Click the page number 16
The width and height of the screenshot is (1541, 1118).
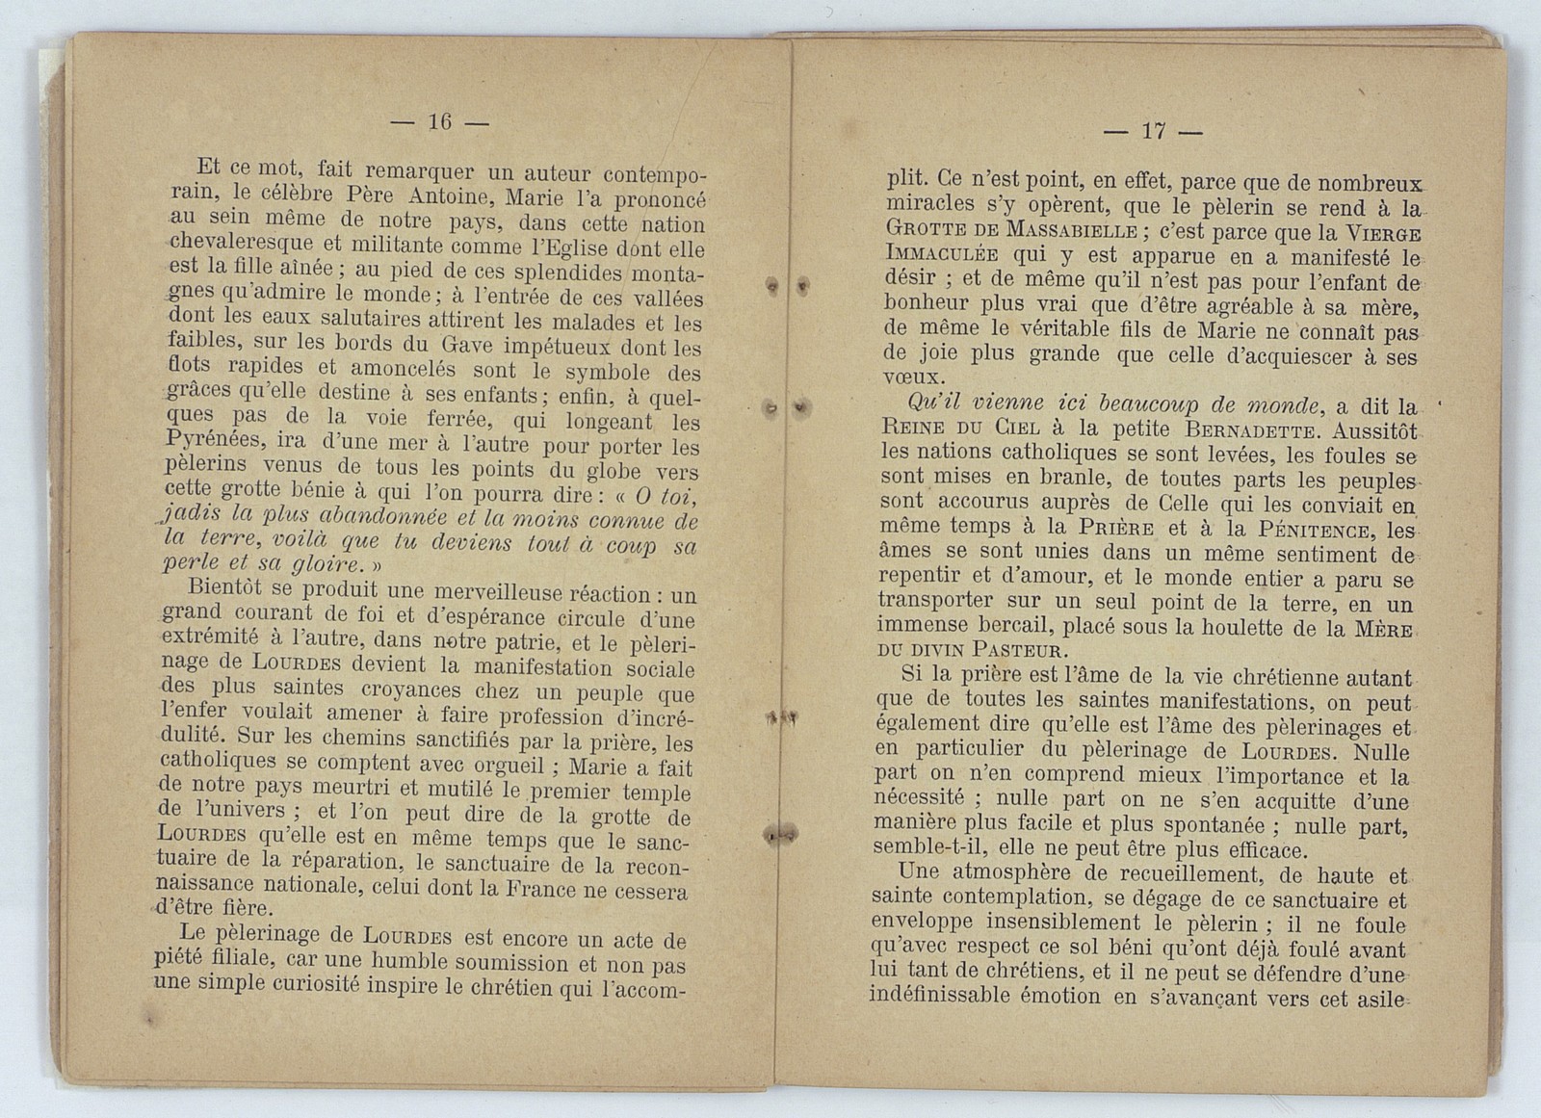[x=440, y=121]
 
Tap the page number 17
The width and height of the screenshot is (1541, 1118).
[x=1153, y=132]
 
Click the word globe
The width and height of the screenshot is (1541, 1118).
[x=614, y=471]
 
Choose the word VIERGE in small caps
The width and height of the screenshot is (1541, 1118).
[x=1371, y=234]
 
